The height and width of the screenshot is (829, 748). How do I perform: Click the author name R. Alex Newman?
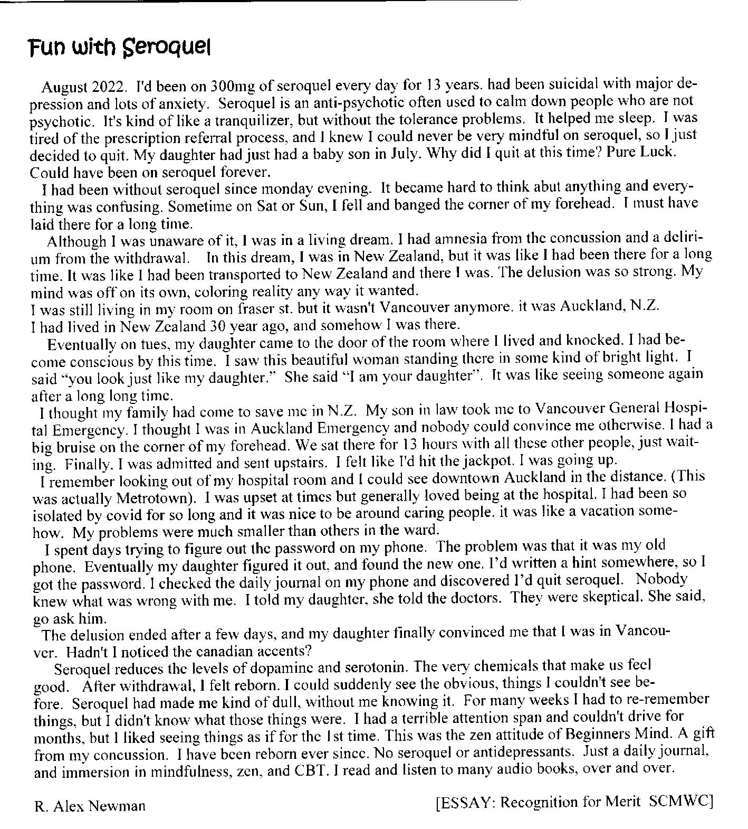click(x=90, y=806)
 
